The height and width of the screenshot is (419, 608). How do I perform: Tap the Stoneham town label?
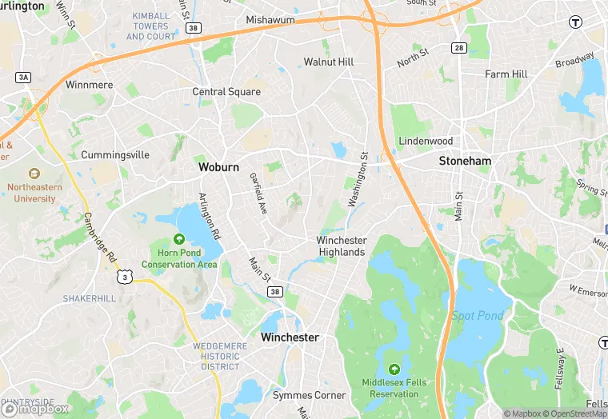pos(465,161)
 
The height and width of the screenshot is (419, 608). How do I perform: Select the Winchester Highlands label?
pos(342,246)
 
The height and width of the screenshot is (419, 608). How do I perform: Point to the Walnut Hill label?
pos(329,62)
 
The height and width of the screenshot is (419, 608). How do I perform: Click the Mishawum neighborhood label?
pos(270,19)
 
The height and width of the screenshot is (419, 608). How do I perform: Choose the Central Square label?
pos(226,92)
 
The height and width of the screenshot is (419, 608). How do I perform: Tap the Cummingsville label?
pos(115,154)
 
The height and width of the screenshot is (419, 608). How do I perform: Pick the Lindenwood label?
pos(426,141)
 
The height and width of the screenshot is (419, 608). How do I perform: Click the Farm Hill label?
pos(506,74)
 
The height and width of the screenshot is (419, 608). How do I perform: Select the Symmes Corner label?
pos(310,395)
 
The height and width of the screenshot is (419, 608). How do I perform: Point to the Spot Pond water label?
pos(478,316)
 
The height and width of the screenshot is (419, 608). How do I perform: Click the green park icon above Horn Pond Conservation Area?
pos(179,239)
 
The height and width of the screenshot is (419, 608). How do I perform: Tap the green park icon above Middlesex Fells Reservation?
pos(394,369)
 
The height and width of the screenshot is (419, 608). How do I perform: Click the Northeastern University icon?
pos(34,173)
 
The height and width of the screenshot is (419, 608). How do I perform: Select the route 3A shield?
pos(22,77)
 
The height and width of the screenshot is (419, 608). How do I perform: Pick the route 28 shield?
pos(458,49)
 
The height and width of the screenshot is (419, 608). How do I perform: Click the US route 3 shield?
pos(124,276)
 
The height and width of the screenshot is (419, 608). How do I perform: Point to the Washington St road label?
pos(358,180)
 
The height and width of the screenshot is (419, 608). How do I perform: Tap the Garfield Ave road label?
pos(258,194)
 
